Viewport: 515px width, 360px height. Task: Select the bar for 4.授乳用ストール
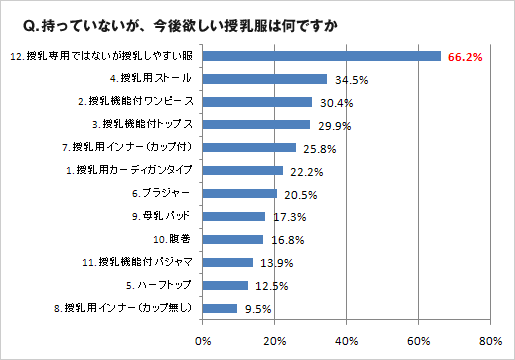tap(265, 79)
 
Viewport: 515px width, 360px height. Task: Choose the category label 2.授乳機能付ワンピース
tap(140, 102)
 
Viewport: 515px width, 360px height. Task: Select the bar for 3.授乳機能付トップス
tap(257, 125)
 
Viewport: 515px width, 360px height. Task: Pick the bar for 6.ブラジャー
tap(240, 194)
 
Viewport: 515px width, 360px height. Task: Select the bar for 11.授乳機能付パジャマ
tap(228, 262)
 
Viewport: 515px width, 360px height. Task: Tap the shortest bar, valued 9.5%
tap(220, 308)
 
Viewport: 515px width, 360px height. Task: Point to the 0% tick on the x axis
tap(204, 341)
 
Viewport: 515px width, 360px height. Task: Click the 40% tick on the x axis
tap(347, 341)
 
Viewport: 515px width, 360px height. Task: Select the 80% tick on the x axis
tap(490, 341)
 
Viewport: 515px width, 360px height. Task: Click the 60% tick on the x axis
tap(418, 341)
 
